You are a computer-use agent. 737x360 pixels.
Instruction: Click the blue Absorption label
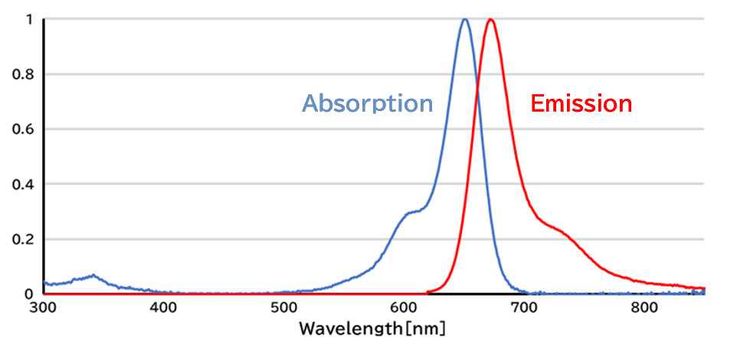pyautogui.click(x=368, y=103)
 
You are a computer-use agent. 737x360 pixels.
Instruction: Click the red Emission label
pyautogui.click(x=581, y=103)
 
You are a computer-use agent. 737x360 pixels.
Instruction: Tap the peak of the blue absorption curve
pyautogui.click(x=464, y=20)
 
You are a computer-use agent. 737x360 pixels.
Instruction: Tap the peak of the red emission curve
pyautogui.click(x=490, y=21)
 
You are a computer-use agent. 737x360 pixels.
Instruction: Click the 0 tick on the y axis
pyautogui.click(x=28, y=294)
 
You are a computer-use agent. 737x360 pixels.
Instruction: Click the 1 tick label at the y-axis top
pyautogui.click(x=28, y=20)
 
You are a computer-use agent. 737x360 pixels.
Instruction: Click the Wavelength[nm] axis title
pyautogui.click(x=372, y=329)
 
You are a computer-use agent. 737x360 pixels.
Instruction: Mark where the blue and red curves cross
pyautogui.click(x=477, y=90)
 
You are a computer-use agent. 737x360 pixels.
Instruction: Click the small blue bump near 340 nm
pyautogui.click(x=92, y=275)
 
